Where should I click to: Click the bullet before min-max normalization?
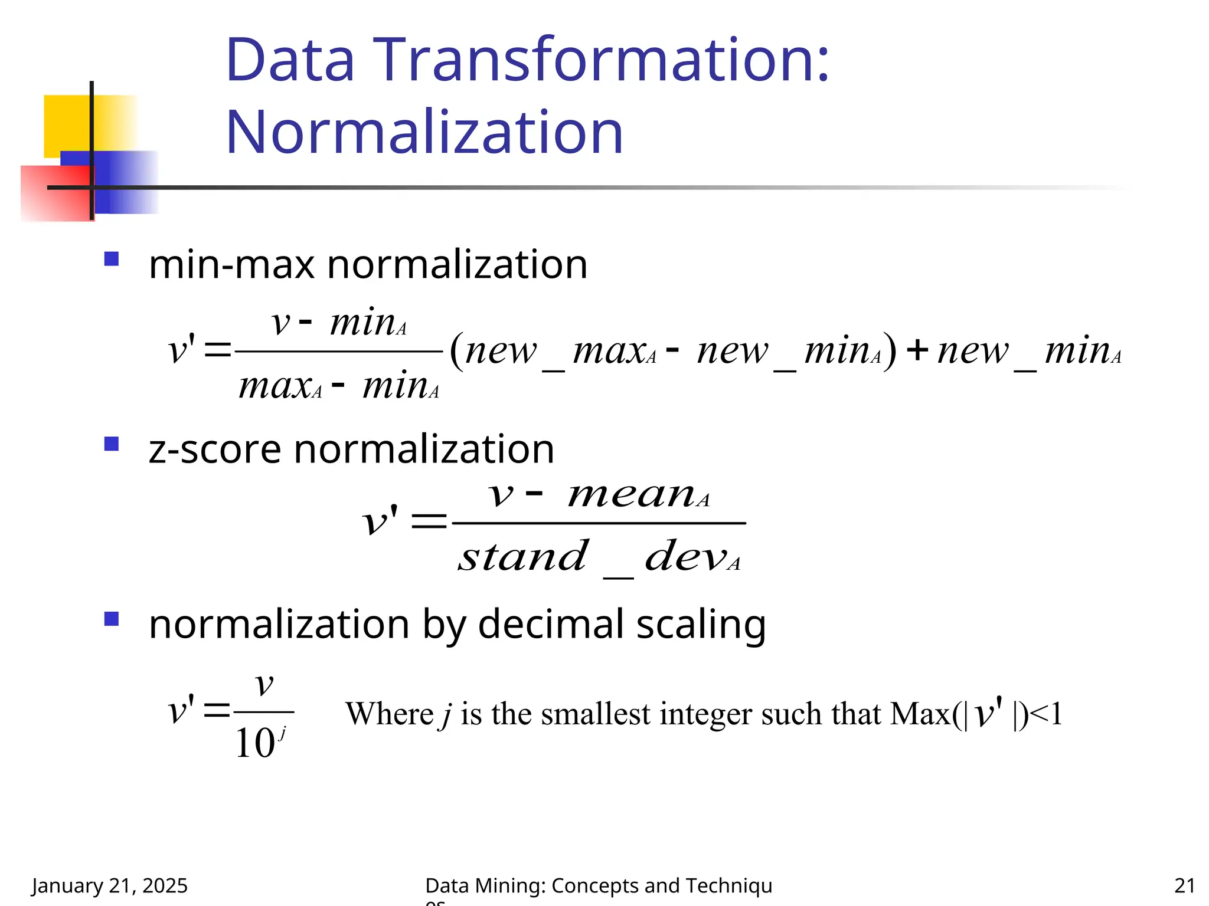click(111, 259)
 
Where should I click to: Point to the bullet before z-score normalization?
click(111, 444)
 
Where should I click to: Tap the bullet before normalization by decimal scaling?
click(111, 618)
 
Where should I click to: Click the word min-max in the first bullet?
click(231, 265)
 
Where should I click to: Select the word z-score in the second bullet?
click(214, 449)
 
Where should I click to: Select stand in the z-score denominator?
click(523, 557)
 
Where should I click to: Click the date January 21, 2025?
click(110, 885)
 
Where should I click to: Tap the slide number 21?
click(1184, 885)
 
